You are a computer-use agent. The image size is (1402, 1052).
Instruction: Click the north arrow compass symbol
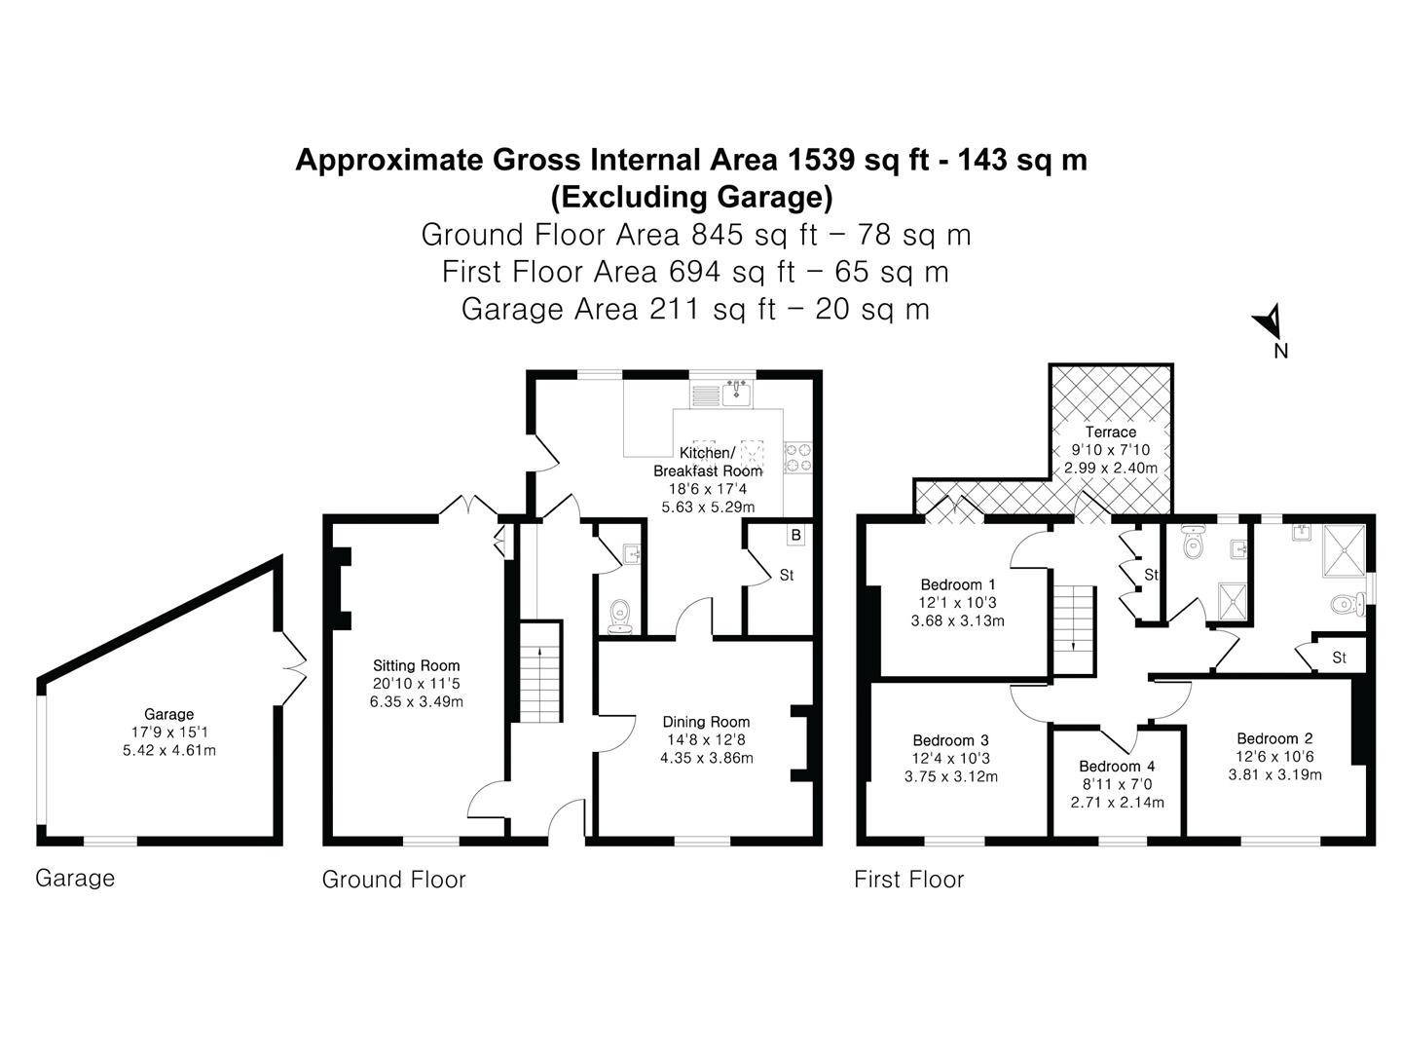point(1269,321)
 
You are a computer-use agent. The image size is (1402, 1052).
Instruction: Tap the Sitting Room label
point(416,666)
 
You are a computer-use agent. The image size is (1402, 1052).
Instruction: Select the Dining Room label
point(706,722)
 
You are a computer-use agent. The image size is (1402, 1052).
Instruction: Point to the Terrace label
point(1110,432)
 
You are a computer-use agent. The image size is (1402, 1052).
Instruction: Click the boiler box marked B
point(795,535)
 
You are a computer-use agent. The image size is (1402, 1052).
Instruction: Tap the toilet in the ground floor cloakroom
point(619,616)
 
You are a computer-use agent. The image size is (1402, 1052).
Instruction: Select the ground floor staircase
point(538,672)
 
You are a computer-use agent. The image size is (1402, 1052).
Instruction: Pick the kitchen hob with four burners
point(798,457)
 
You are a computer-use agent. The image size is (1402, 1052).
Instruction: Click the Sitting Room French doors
point(469,505)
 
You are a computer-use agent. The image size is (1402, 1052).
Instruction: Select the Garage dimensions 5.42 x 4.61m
point(168,750)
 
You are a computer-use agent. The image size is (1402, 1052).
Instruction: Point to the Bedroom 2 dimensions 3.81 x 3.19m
point(1274,775)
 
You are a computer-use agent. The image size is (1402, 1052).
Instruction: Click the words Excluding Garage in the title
point(691,198)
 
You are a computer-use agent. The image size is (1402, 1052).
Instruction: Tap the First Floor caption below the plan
point(908,880)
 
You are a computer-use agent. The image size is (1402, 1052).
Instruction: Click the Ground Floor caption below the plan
point(393,880)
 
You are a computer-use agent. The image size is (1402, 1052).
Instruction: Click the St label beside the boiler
point(786,575)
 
